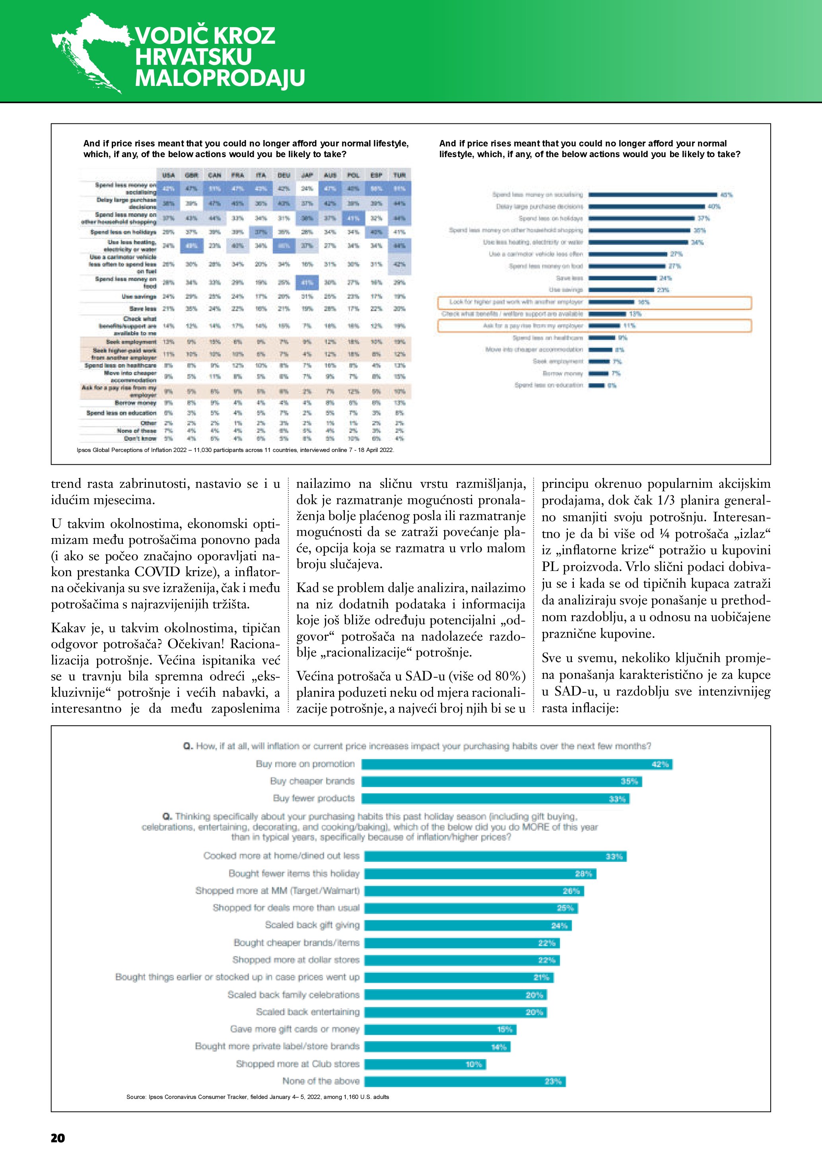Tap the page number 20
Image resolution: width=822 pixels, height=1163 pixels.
(58, 1138)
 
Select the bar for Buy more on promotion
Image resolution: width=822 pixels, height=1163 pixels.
(516, 764)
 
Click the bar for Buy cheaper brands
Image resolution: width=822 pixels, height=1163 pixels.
(501, 781)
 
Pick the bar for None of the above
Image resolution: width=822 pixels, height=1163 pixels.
(464, 1081)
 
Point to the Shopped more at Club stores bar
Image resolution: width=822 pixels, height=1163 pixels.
(425, 1064)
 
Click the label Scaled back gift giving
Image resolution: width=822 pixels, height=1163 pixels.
(312, 925)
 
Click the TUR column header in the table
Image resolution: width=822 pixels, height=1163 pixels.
(399, 175)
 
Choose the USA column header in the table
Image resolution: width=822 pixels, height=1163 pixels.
(168, 175)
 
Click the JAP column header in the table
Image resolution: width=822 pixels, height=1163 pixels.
(307, 175)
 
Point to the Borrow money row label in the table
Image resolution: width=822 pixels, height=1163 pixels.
(135, 403)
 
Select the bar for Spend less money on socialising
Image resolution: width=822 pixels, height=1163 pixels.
(653, 195)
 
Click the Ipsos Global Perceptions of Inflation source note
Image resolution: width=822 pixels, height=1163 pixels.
(235, 450)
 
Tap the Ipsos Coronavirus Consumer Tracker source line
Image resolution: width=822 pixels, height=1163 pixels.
(257, 1097)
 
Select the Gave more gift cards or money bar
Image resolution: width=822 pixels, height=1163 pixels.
(440, 1029)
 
